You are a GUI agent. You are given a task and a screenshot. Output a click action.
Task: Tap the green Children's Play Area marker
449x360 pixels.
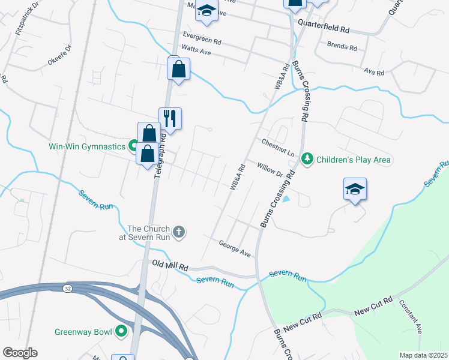(307, 159)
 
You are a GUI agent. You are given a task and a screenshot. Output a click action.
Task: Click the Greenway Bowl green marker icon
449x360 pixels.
(121, 331)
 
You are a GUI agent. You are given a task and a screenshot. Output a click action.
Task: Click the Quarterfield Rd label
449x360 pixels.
(324, 28)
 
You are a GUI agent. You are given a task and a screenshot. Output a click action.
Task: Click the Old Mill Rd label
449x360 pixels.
(170, 265)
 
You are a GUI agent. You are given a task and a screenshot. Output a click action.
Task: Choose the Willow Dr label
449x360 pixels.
(270, 170)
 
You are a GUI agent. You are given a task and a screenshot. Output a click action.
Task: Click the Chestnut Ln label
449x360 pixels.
(277, 148)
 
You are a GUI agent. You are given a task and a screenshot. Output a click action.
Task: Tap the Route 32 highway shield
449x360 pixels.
(65, 289)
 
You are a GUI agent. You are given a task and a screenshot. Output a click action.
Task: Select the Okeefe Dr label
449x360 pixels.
(59, 55)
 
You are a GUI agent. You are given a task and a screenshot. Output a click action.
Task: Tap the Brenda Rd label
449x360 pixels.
(342, 46)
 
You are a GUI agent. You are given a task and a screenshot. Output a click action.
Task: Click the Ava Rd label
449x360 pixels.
(373, 71)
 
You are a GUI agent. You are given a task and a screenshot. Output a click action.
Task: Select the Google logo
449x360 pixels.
(20, 353)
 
